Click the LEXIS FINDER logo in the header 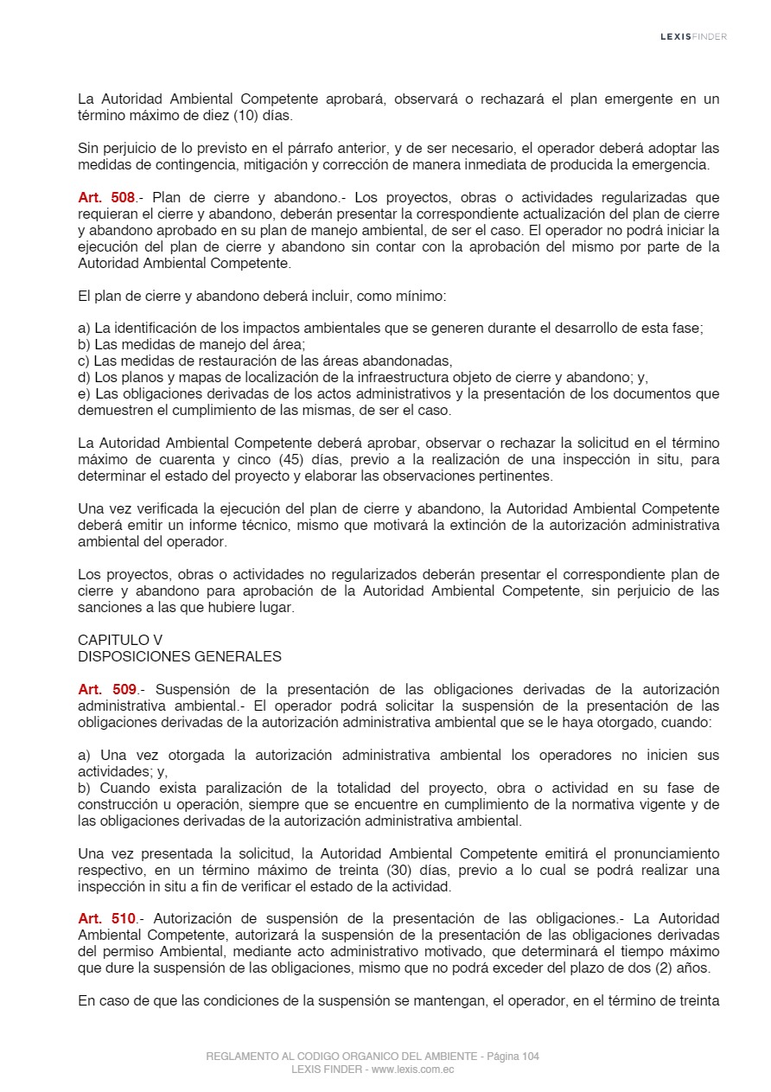[x=693, y=36]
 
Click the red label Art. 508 [x=106, y=198]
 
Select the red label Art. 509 [x=106, y=689]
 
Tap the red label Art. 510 [x=106, y=918]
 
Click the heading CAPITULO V [x=120, y=640]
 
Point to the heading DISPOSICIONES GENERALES [x=180, y=656]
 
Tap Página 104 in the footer [x=513, y=1057]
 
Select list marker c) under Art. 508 [x=84, y=361]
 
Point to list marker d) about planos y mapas [x=84, y=378]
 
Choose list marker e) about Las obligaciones [x=84, y=394]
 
